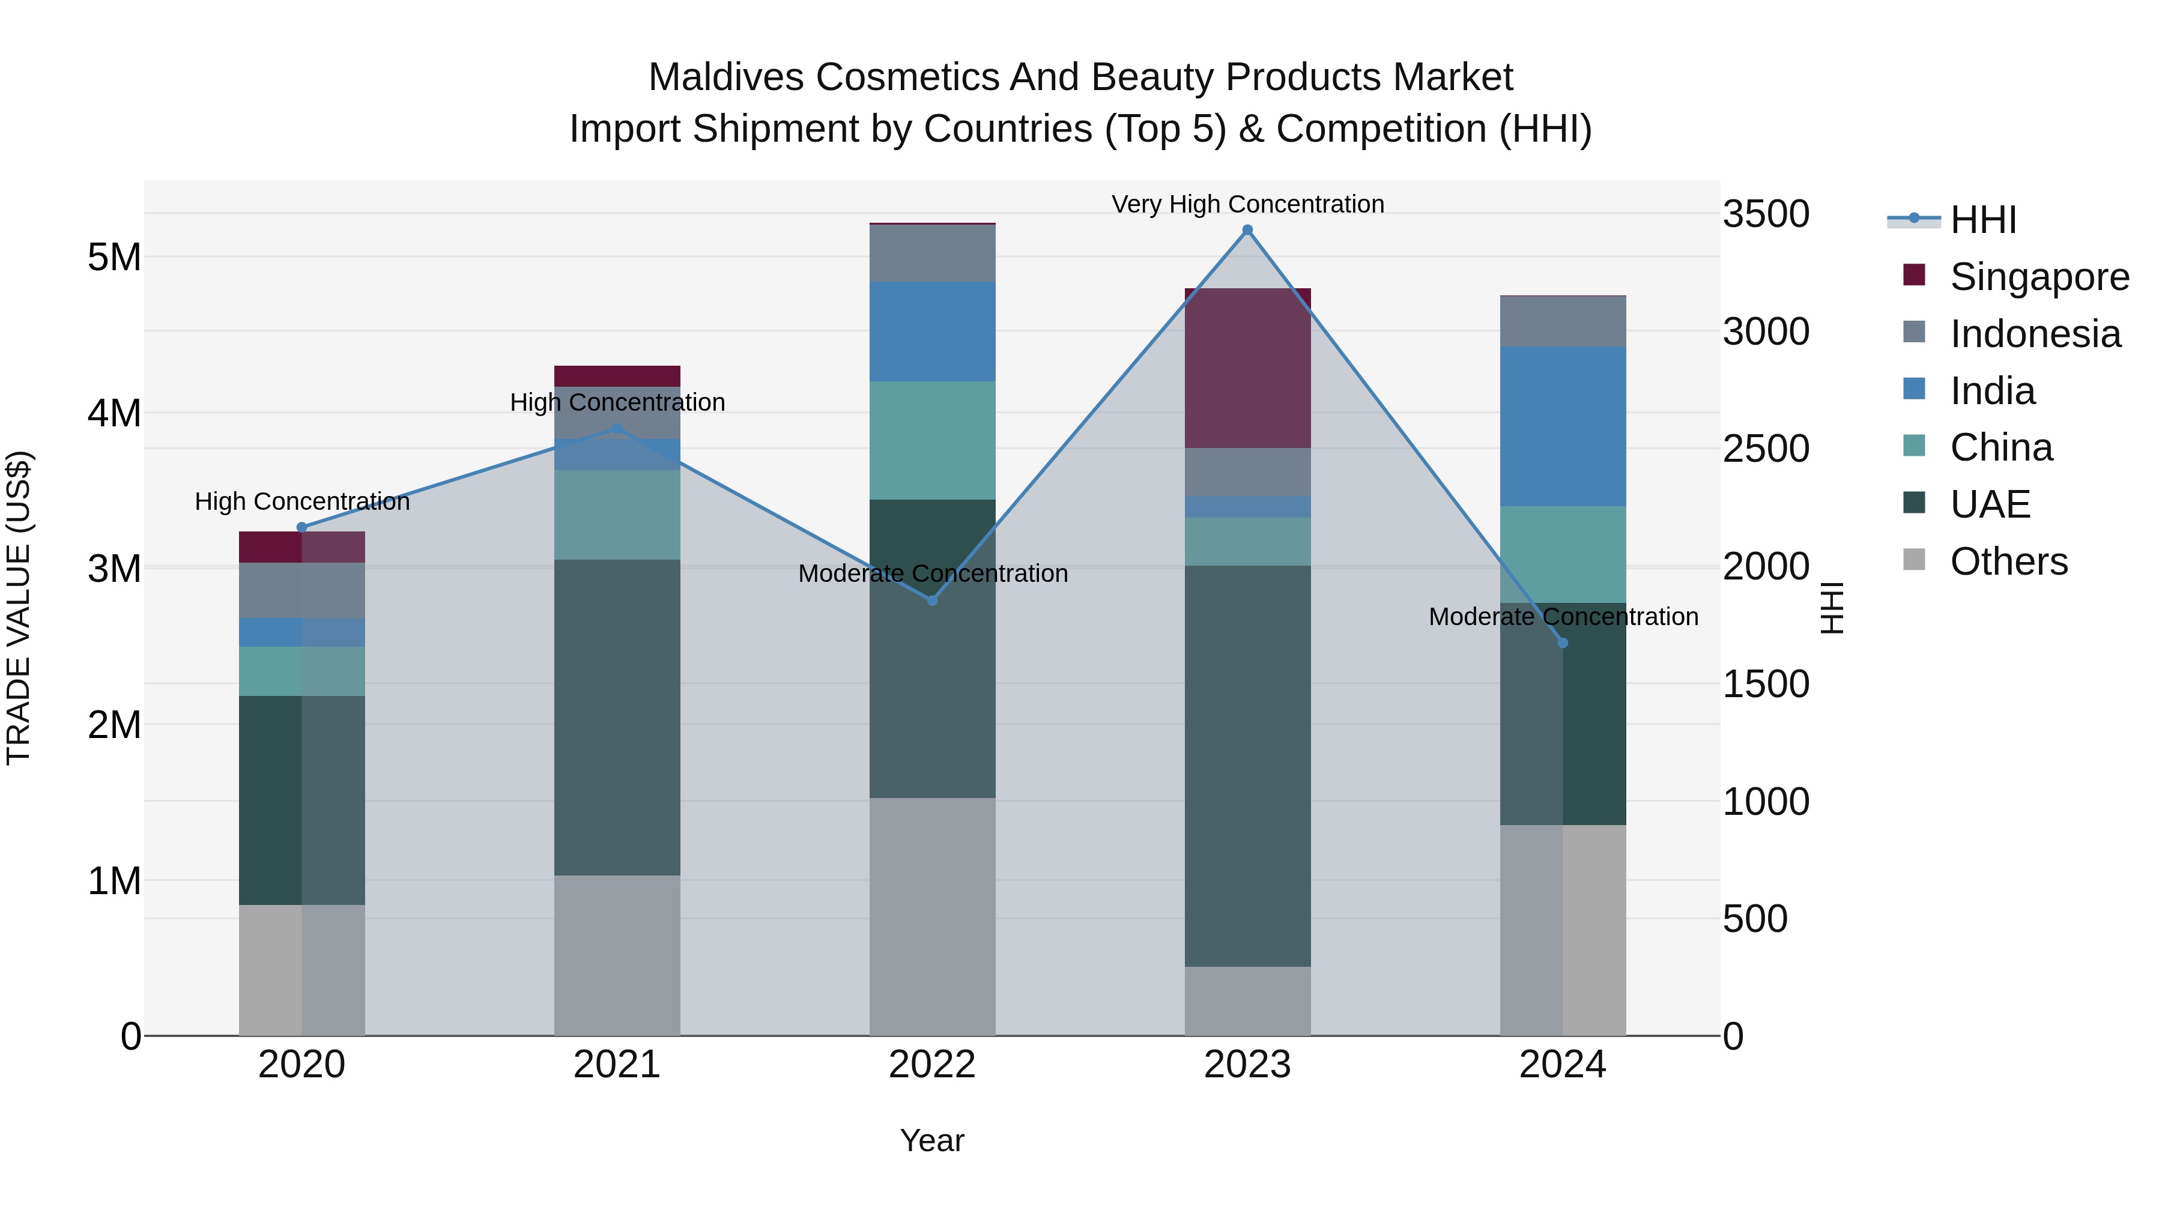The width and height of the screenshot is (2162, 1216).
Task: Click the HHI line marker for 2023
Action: (1247, 230)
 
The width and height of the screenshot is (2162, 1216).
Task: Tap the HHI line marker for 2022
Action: (931, 601)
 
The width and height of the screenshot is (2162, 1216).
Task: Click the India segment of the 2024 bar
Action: (1563, 426)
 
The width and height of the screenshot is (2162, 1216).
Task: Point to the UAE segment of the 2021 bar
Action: (617, 718)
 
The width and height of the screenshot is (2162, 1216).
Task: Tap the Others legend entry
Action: (2008, 561)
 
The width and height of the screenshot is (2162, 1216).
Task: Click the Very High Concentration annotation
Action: (1247, 204)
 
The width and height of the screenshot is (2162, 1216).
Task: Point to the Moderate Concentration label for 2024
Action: (1563, 617)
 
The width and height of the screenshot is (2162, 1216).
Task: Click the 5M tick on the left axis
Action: (114, 257)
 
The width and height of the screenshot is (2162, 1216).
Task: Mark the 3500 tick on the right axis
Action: (1766, 214)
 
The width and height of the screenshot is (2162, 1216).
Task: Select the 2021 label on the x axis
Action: (617, 1065)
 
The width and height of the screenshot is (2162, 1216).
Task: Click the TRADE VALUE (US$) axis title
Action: (19, 608)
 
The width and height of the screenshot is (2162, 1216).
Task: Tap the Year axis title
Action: (931, 1140)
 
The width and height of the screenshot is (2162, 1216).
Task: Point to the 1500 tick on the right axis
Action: (1766, 684)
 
